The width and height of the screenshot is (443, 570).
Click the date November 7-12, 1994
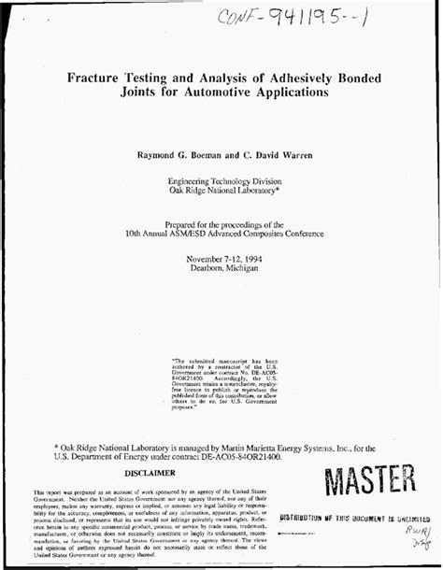220,258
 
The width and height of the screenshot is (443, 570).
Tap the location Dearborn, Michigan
220,268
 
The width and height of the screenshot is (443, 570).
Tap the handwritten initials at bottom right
408,539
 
